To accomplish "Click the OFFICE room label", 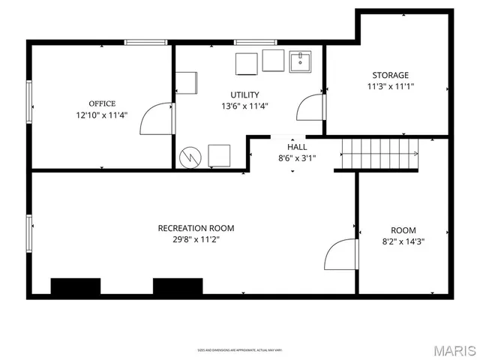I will pos(102,103).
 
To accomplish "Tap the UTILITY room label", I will pos(244,94).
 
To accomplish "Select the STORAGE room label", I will pos(391,75).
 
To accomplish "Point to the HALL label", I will pos(297,147).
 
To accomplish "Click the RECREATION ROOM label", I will pos(196,228).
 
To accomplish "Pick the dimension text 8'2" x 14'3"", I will pos(403,241).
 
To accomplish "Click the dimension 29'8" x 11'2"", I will pos(196,240).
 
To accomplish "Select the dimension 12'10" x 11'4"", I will pos(102,115).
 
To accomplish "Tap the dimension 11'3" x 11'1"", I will pos(391,86).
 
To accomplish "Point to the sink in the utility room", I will pos(301,61).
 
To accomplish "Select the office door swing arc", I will pos(155,120).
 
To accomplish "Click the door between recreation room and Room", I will pos(340,254).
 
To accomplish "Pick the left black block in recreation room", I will pos(75,286).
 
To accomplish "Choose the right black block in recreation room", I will pos(178,286).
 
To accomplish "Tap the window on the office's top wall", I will pos(145,43).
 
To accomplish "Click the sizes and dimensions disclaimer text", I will pos(239,349).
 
